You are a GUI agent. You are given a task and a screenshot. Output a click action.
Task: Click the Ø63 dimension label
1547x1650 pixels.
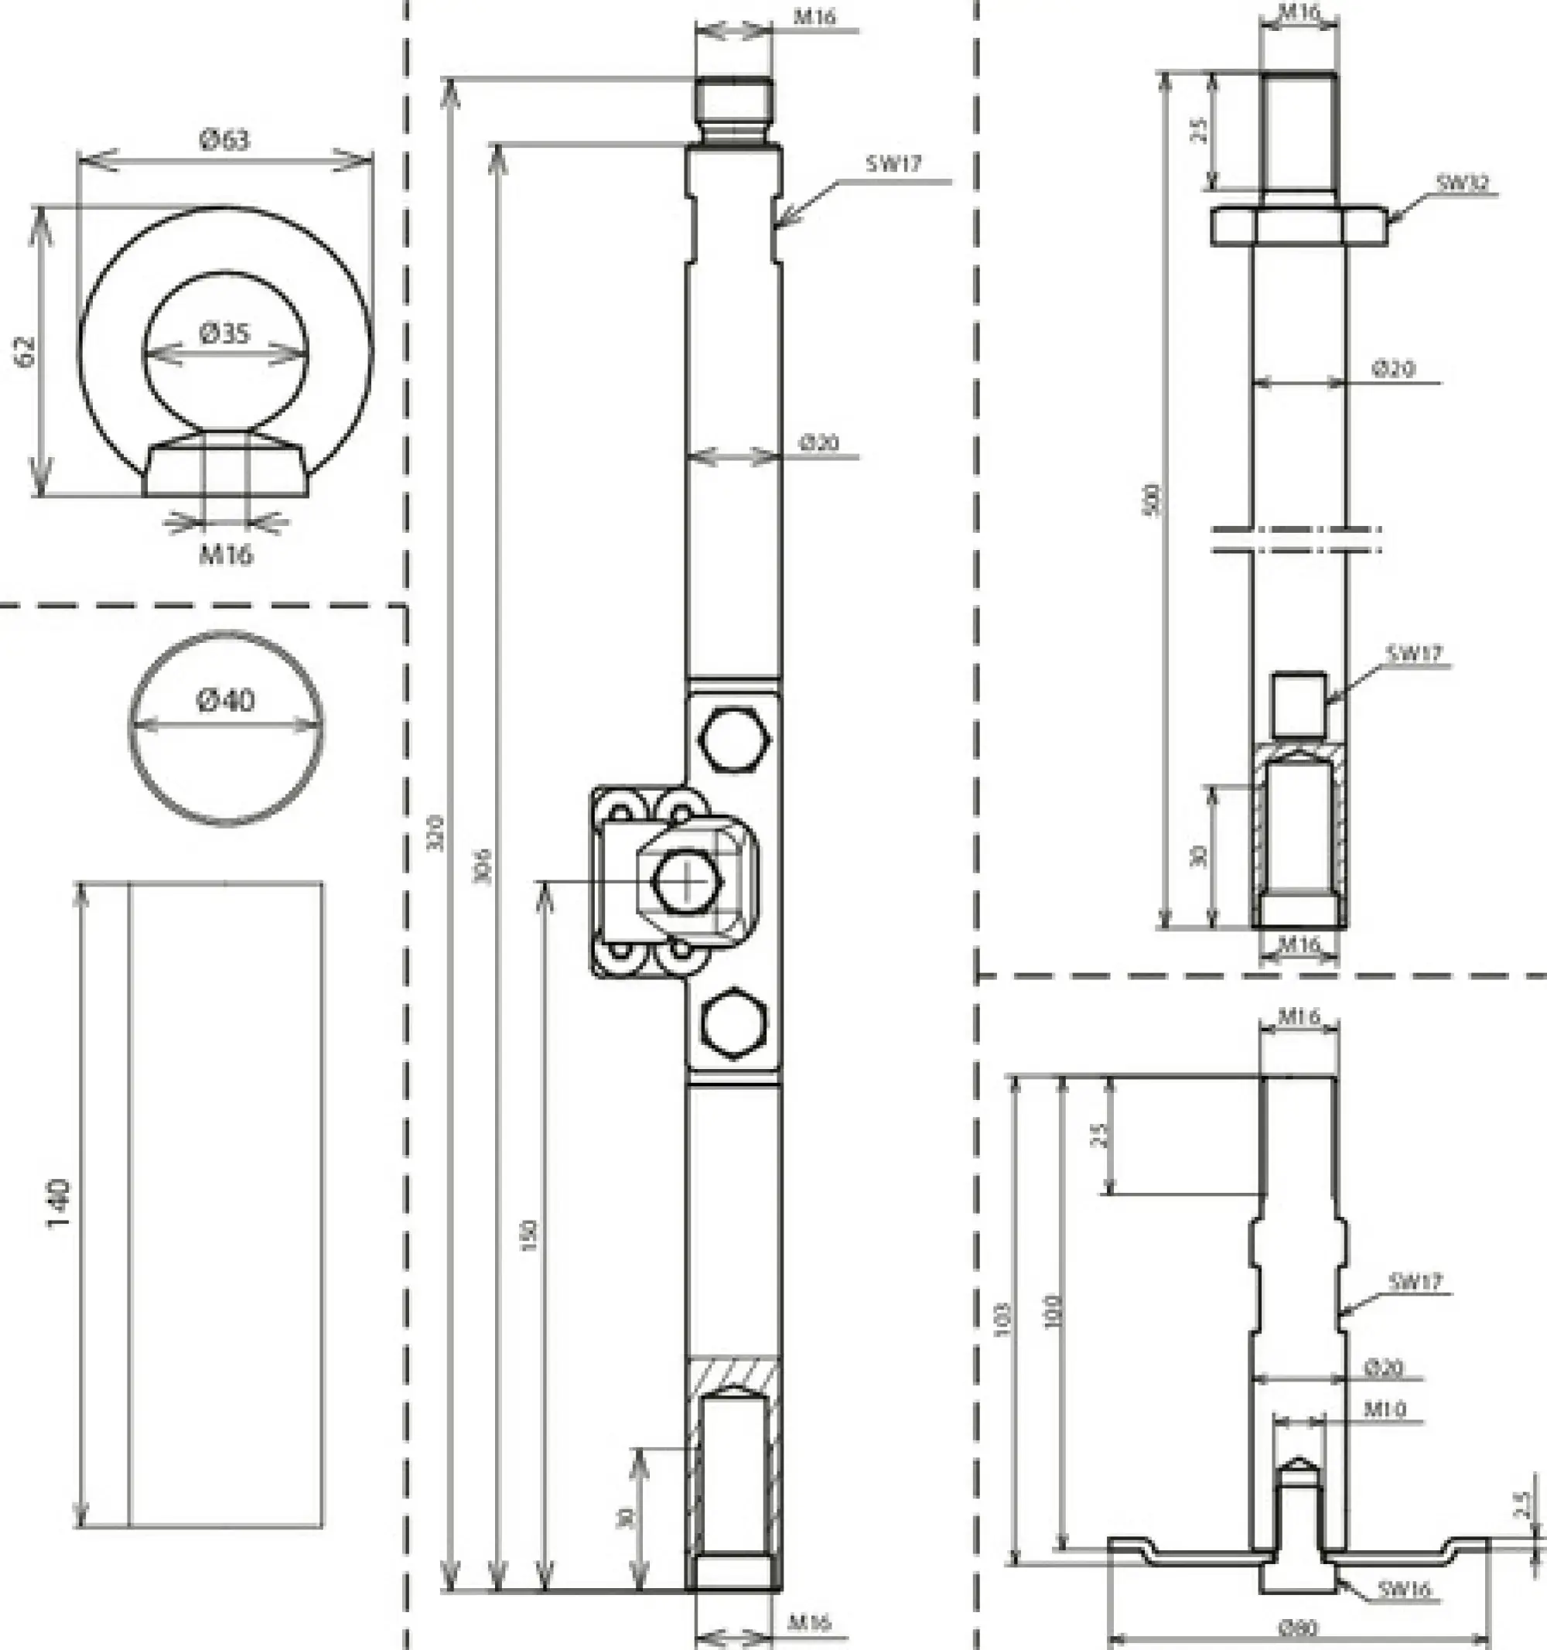(x=225, y=138)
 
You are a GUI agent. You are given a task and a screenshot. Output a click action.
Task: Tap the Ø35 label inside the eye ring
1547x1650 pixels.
(x=225, y=333)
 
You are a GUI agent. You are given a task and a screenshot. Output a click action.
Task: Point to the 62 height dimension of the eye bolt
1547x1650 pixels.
(x=25, y=351)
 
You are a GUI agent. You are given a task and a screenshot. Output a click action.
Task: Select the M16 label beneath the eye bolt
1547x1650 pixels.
(x=226, y=555)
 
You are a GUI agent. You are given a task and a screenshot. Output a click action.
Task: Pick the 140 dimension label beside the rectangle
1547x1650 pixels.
(x=59, y=1204)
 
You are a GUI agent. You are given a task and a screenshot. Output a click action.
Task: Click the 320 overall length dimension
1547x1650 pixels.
(x=435, y=833)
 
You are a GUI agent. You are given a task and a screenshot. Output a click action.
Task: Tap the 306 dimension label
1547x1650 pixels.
(x=483, y=866)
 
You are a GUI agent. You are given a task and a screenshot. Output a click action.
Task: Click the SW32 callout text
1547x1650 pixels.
(x=1463, y=183)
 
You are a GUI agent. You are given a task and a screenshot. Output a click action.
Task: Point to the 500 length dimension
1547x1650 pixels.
(x=1152, y=500)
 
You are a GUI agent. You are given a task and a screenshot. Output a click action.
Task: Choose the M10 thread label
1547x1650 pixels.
(x=1385, y=1409)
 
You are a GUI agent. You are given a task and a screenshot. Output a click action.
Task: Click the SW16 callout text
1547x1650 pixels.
(x=1404, y=1589)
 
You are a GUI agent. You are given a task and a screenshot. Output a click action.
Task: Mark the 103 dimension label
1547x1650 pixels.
(x=1003, y=1320)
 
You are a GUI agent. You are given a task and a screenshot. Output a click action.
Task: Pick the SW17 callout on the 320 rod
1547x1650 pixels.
(x=894, y=163)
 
